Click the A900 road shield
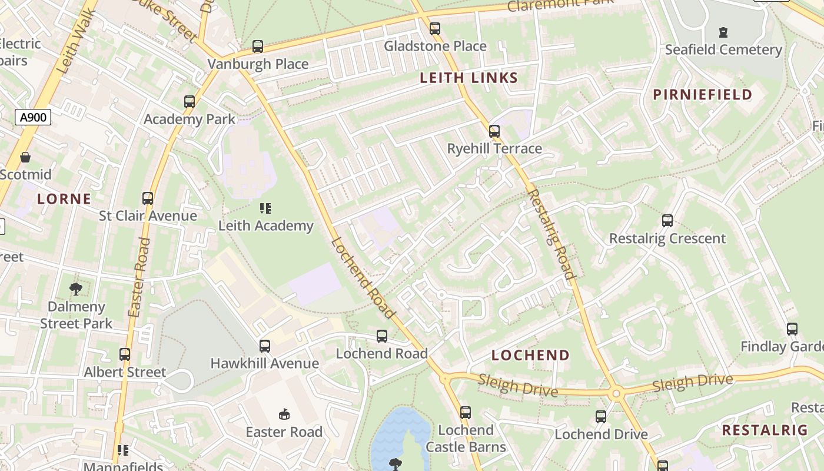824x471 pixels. point(33,117)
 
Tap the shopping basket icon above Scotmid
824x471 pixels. point(25,157)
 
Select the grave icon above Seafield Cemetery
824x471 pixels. point(723,32)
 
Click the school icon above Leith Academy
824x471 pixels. point(265,208)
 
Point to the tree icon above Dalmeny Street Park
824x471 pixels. point(75,288)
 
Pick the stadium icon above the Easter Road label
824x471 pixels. point(284,414)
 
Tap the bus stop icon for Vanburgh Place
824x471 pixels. point(257,46)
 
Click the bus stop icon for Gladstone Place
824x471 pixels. point(435,28)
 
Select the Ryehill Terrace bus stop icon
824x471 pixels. point(494,131)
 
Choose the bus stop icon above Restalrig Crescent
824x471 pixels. point(667,221)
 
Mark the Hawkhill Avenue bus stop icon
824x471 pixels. point(265,346)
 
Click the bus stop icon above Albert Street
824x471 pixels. point(125,354)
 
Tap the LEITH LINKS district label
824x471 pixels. point(469,78)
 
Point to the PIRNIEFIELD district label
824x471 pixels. point(703,94)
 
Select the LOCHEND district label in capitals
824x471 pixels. point(530,355)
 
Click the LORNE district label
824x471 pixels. point(64,199)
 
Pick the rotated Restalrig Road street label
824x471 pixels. point(551,234)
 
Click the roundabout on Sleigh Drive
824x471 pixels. point(616,393)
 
